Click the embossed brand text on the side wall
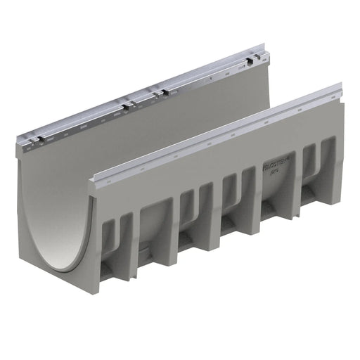pos(275,167)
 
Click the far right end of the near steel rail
pos(340,89)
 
